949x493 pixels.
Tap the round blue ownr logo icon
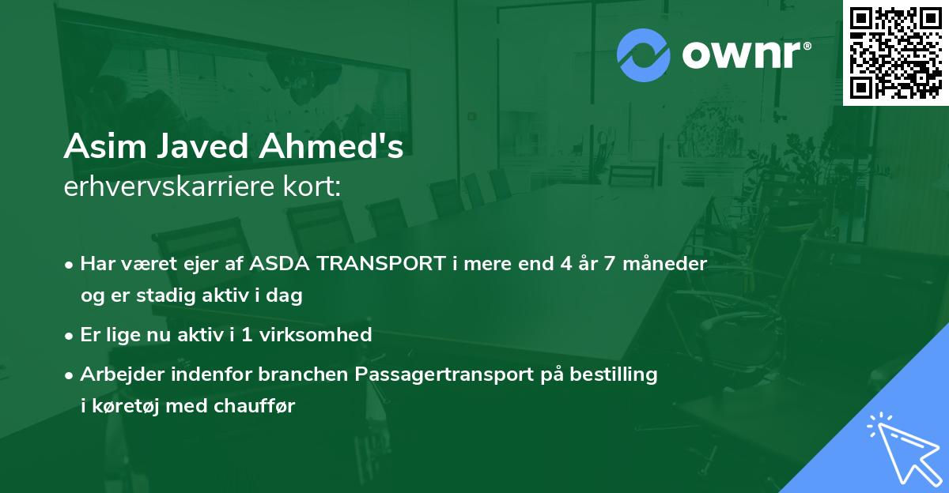(644, 55)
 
